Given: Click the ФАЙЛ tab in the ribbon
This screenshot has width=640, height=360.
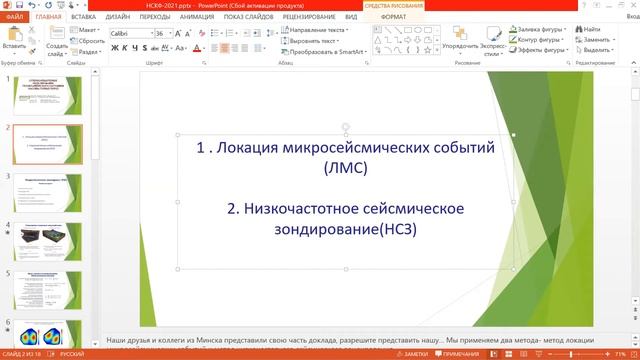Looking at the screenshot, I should (x=14, y=17).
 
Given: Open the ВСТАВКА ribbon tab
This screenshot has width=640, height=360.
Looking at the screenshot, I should (x=84, y=17).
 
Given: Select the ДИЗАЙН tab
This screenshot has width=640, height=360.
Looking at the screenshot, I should (x=118, y=17).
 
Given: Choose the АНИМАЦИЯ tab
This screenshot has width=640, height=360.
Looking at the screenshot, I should (x=197, y=17).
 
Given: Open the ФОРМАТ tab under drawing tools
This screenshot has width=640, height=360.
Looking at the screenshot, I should (x=393, y=17).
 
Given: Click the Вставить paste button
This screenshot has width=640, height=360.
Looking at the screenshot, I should (x=14, y=41).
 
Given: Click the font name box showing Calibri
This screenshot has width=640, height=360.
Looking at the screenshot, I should (x=127, y=33).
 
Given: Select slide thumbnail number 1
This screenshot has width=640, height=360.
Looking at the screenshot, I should (x=41, y=95).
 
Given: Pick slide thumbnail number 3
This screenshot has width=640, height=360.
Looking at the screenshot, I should (x=41, y=191).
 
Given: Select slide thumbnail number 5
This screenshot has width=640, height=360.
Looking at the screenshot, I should (x=41, y=287).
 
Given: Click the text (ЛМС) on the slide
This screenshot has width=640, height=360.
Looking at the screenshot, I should (x=346, y=168).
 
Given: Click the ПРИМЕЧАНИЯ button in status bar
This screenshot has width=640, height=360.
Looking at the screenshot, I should (x=461, y=354).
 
